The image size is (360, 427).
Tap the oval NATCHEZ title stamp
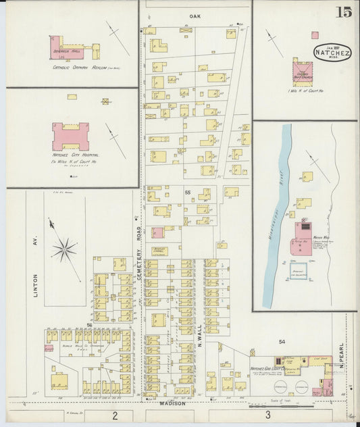click(328, 52)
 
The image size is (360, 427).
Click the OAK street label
click(196, 14)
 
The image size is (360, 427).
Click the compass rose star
click(64, 251)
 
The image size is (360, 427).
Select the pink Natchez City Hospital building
click(71, 137)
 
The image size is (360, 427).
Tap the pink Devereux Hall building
click(68, 48)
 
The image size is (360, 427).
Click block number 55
click(188, 193)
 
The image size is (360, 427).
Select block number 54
click(282, 343)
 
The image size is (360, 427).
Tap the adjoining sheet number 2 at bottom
click(115, 414)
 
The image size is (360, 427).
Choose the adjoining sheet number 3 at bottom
click(267, 414)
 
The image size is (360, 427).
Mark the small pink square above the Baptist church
click(315, 35)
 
